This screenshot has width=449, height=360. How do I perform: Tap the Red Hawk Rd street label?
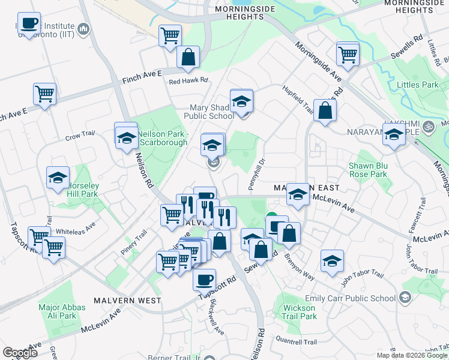[x=188, y=80]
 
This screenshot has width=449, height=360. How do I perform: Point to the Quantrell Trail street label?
[x=296, y=341]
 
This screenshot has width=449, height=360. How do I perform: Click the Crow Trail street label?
[x=81, y=137]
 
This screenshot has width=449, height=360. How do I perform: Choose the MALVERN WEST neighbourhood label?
[x=127, y=299]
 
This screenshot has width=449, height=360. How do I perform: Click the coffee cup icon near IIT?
[x=29, y=23]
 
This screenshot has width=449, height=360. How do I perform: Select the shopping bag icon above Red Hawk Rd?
[x=188, y=58]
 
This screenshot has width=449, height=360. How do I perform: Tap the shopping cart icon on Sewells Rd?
[x=348, y=55]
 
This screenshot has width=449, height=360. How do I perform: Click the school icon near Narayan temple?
[x=394, y=134]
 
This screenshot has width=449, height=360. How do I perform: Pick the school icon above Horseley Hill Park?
[x=58, y=178]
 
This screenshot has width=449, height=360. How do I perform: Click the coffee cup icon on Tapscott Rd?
[x=204, y=279]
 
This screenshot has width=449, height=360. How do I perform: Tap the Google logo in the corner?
[x=20, y=353]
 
